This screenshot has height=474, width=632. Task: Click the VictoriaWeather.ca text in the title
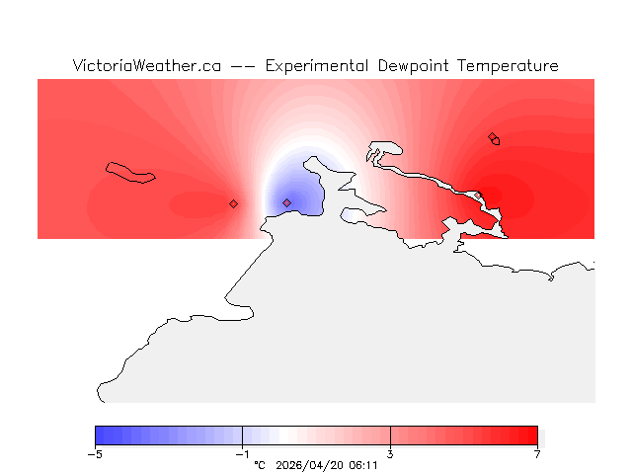(x=146, y=66)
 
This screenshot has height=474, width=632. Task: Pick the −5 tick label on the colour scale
(x=95, y=454)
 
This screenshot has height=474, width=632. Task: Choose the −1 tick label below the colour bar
(x=242, y=454)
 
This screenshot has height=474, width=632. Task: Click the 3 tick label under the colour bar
(x=390, y=454)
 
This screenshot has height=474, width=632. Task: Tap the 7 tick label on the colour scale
(x=538, y=454)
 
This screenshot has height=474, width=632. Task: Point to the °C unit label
(x=260, y=465)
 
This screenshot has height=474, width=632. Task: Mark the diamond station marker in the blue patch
(x=286, y=203)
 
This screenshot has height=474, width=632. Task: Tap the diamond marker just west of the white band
(x=233, y=204)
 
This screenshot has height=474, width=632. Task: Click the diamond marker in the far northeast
(x=492, y=137)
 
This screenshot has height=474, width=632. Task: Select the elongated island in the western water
(x=131, y=173)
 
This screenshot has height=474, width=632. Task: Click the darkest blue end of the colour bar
(x=100, y=435)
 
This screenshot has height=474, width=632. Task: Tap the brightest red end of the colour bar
(x=533, y=435)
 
